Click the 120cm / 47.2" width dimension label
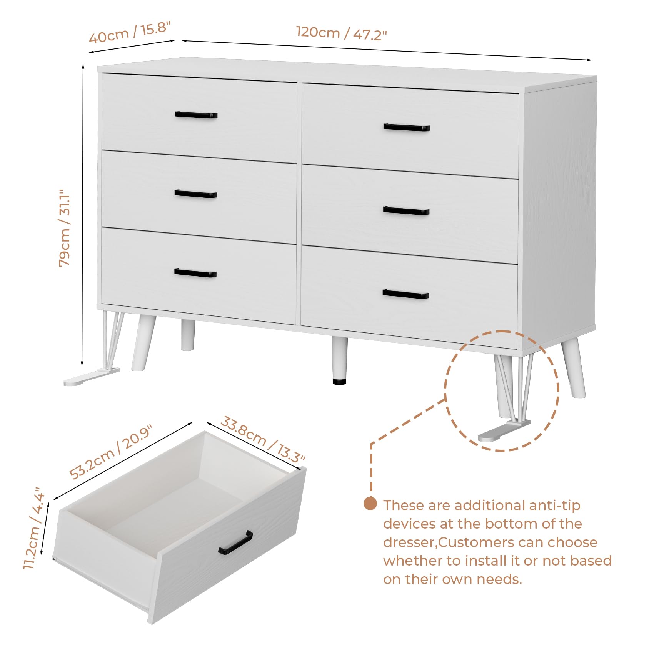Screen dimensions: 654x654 [341, 33]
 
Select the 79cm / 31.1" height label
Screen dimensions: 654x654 [65, 228]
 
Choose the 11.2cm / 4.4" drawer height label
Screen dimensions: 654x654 [34, 528]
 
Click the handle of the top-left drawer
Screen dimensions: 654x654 [196, 115]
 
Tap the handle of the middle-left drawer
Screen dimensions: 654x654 [196, 194]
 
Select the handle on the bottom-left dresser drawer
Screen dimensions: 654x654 [195, 273]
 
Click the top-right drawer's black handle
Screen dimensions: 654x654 [407, 127]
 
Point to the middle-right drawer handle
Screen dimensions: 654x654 [406, 210]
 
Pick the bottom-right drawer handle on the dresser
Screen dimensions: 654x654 [406, 294]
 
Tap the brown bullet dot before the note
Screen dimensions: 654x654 [370, 504]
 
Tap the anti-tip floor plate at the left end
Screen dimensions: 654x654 [92, 377]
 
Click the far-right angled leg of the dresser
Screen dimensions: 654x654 [574, 367]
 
